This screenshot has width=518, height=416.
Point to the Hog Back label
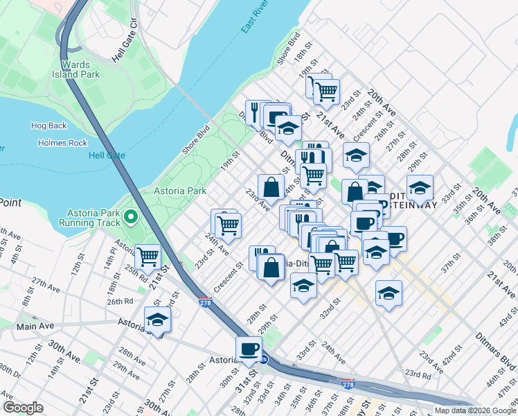tap(48, 125)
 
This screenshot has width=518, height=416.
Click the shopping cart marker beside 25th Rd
tap(148, 257)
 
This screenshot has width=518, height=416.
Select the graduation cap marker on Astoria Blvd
tap(158, 320)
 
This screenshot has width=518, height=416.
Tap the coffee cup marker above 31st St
tap(249, 349)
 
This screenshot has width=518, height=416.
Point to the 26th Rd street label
tap(119, 302)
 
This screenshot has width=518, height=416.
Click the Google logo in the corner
tap(23, 407)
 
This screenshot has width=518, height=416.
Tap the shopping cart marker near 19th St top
tap(325, 91)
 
